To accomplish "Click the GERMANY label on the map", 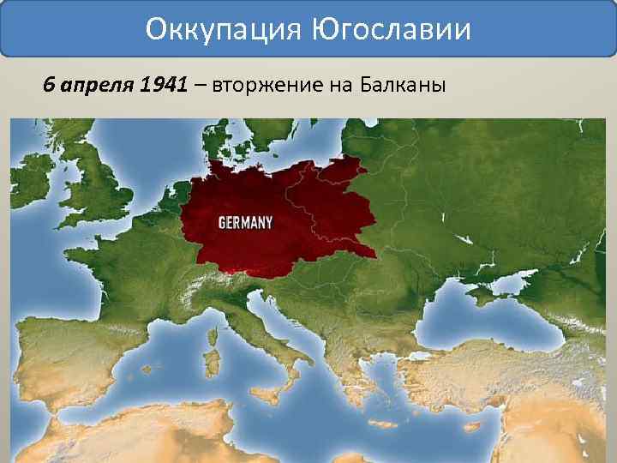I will pyautogui.click(x=246, y=222).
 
